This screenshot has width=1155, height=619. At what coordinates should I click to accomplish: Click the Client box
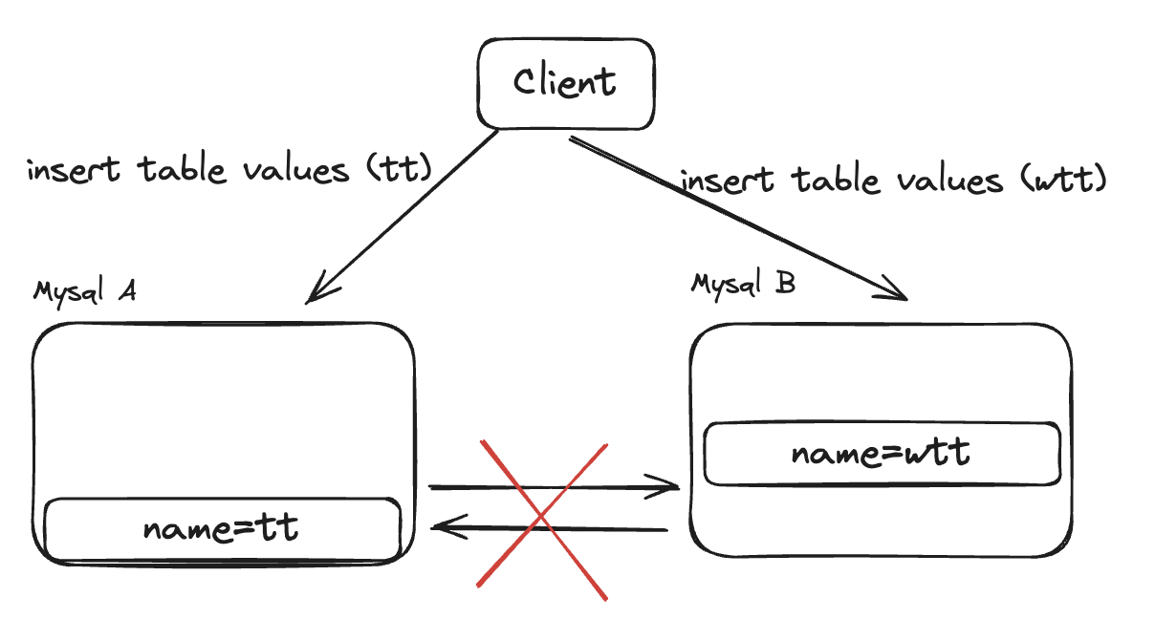coord(566,84)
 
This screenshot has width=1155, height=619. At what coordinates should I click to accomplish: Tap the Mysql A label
coord(84,290)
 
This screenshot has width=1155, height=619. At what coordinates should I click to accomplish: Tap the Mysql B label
coord(743,283)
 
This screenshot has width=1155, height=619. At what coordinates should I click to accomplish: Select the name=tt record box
coord(222,528)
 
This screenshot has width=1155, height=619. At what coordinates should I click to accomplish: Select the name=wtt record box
coord(881,453)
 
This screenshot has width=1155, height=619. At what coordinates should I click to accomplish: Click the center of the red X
coord(542,519)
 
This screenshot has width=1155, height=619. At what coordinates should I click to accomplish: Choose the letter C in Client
coord(525,81)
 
